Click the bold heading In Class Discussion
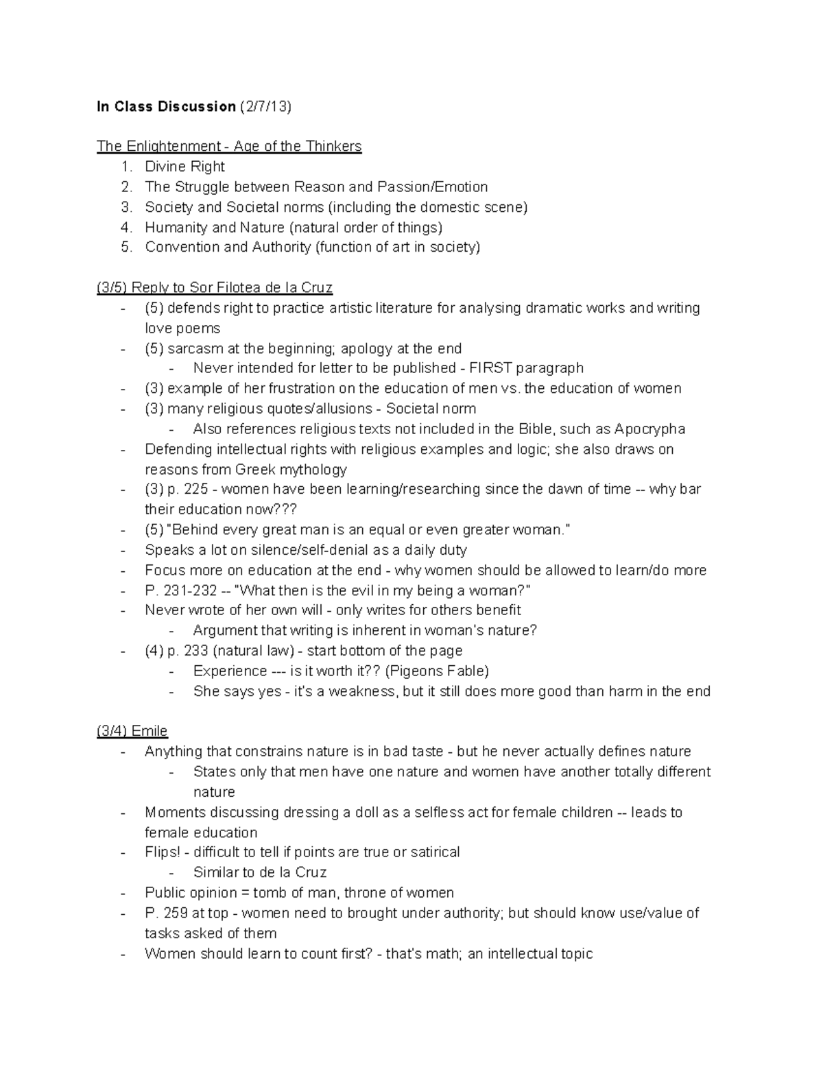coord(166,106)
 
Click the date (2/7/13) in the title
coord(265,106)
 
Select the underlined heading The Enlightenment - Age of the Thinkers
coord(229,146)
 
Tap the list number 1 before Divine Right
coord(125,167)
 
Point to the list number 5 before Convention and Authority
coord(126,247)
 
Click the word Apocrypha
coord(649,429)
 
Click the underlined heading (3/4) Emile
coord(132,731)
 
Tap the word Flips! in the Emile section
coord(163,852)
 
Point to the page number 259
coord(176,913)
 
